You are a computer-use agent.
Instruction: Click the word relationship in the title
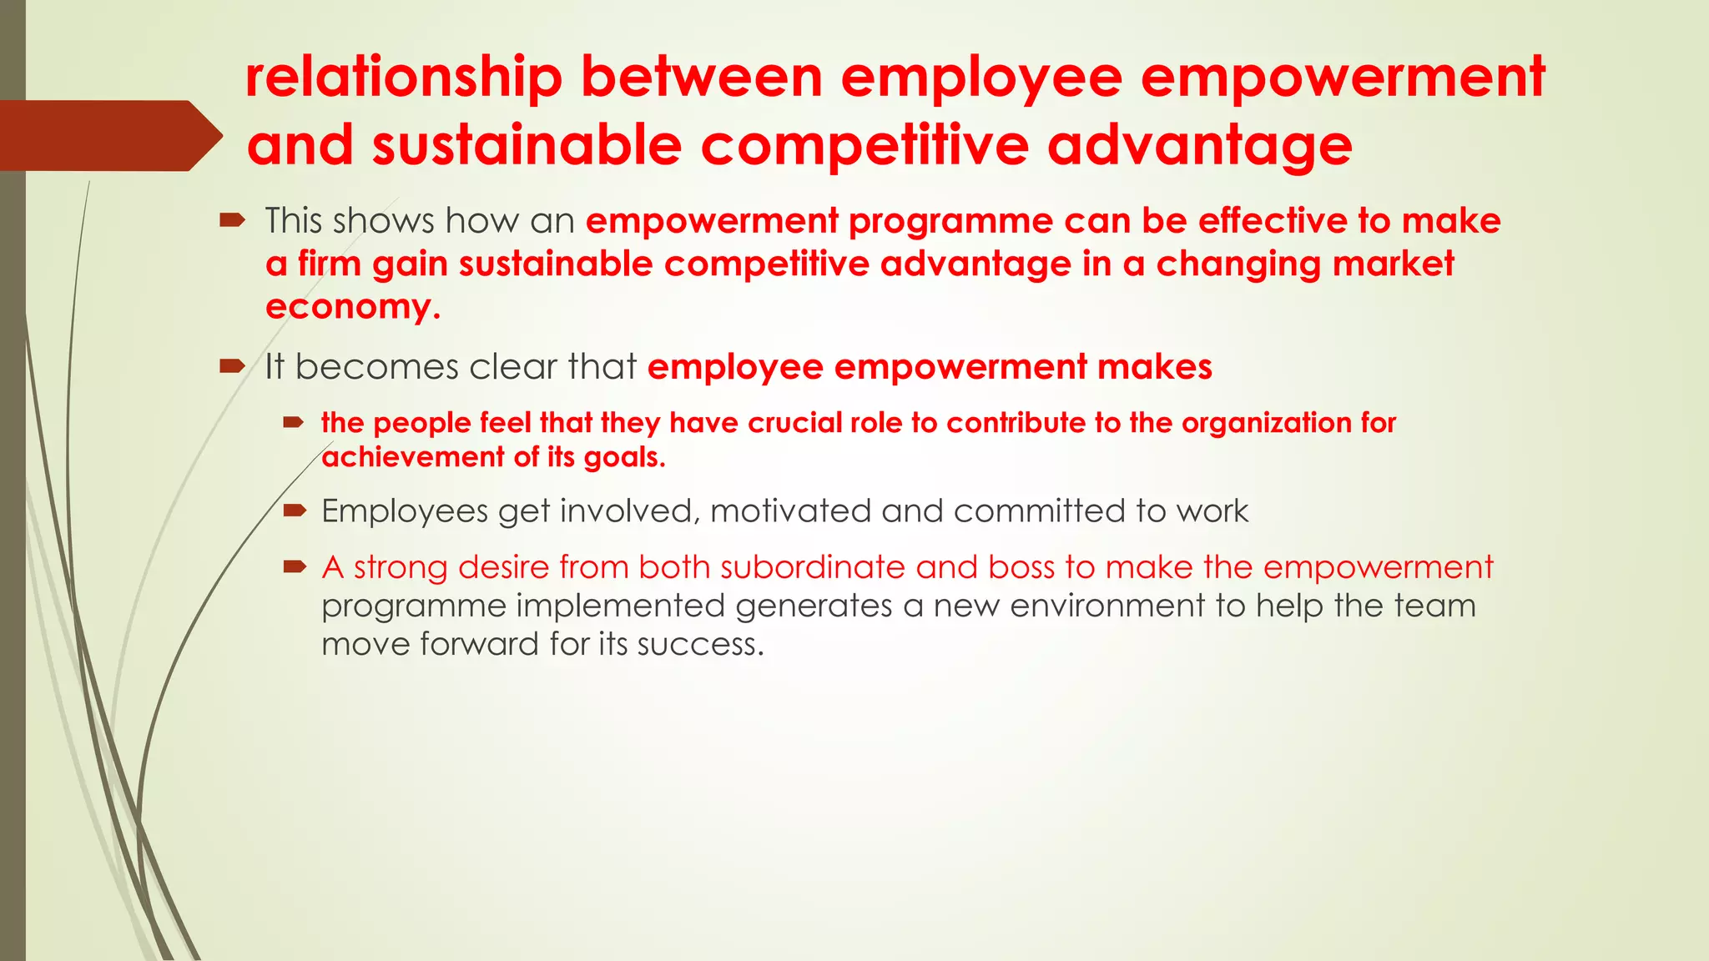pos(404,78)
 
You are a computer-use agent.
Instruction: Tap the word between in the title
pos(702,78)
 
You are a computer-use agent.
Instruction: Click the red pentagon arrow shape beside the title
pos(108,136)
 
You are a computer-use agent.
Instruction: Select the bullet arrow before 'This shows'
pos(231,220)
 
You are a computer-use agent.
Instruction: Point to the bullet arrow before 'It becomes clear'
pos(231,365)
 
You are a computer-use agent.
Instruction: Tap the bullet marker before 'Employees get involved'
pos(295,511)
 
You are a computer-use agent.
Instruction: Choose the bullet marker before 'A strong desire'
pos(295,567)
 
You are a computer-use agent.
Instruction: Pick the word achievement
pos(413,457)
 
